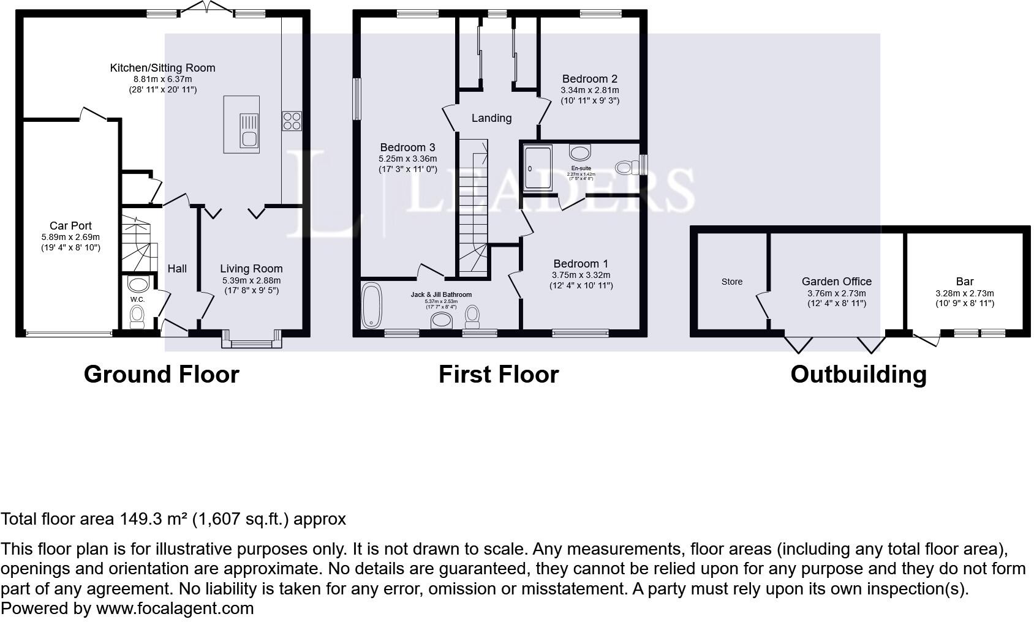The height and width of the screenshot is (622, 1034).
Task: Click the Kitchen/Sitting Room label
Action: click(162, 68)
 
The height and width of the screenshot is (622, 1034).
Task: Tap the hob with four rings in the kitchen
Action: click(291, 120)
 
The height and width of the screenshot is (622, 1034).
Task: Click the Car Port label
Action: click(70, 226)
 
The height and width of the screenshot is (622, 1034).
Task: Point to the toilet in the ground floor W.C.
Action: click(137, 316)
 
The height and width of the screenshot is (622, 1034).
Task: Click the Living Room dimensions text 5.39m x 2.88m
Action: click(251, 280)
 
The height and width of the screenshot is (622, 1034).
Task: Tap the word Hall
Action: click(177, 269)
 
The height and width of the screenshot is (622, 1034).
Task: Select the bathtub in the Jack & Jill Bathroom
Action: click(371, 305)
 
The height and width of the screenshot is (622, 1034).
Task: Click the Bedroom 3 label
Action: click(407, 148)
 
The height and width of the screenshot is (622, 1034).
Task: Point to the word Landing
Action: click(491, 118)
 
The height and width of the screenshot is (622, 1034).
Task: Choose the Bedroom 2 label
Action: click(589, 79)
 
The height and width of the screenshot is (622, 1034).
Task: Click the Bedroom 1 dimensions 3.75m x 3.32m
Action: click(581, 275)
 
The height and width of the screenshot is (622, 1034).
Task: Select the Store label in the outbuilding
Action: click(731, 282)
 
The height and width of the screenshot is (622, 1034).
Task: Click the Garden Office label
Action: click(836, 282)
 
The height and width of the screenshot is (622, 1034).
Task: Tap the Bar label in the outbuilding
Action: click(964, 282)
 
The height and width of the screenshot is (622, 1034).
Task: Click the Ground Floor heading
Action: click(161, 374)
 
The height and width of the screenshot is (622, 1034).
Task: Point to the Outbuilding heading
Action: click(858, 374)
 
